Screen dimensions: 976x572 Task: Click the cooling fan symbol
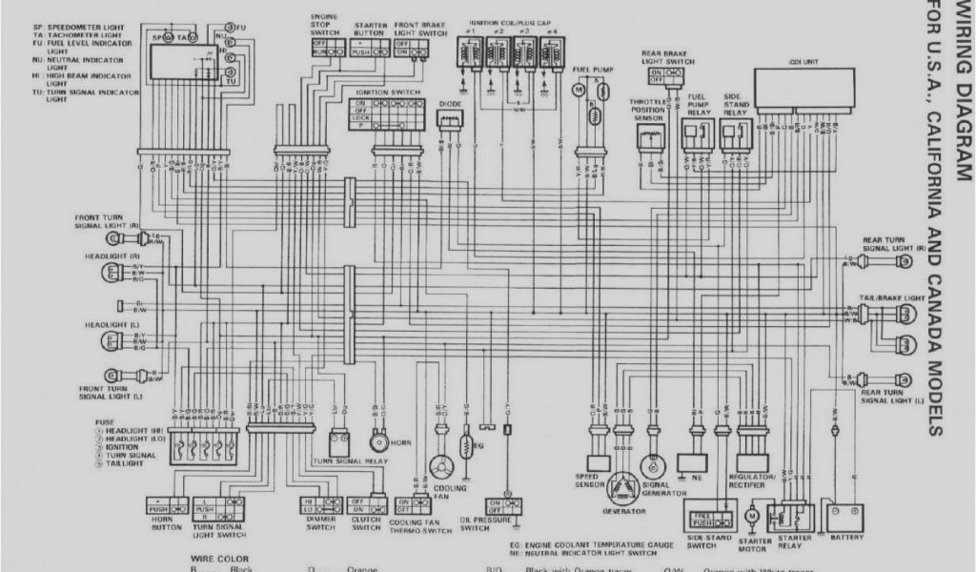click(x=440, y=467)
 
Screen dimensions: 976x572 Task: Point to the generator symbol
click(x=624, y=485)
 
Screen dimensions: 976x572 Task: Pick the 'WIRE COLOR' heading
click(x=220, y=560)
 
